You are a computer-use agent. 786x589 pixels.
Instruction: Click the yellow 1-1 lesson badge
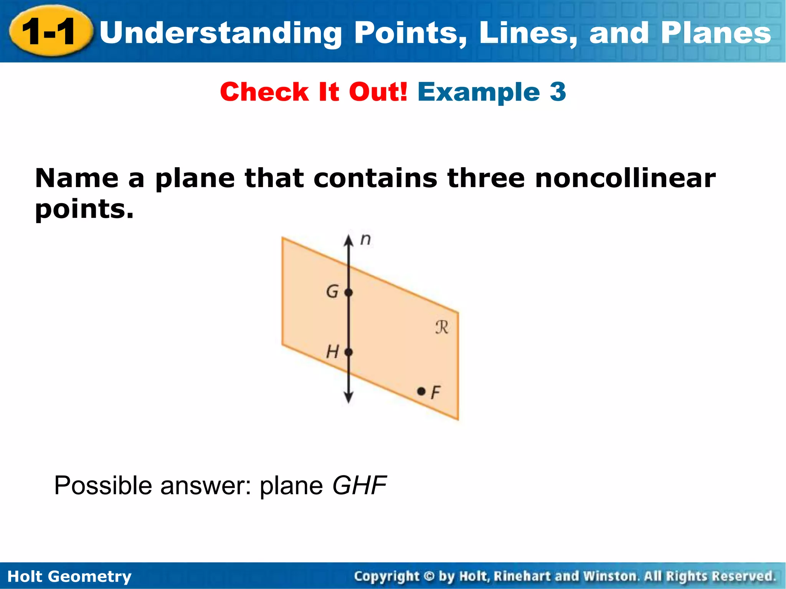(x=50, y=32)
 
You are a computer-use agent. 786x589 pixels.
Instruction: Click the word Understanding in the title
(x=221, y=33)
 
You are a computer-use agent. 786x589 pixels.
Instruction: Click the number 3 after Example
(x=558, y=92)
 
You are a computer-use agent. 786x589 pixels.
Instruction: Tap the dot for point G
(x=348, y=293)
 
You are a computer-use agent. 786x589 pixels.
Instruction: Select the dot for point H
(x=348, y=352)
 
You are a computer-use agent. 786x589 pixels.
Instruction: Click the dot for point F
(x=421, y=392)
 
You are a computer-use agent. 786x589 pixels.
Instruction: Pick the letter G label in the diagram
(x=332, y=292)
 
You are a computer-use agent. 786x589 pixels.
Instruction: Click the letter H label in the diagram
(x=332, y=352)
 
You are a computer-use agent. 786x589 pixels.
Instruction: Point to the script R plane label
(x=442, y=327)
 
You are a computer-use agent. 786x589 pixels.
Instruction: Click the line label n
(x=366, y=240)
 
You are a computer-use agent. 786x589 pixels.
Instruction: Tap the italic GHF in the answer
(x=359, y=485)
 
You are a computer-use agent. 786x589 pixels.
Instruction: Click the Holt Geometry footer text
(x=69, y=576)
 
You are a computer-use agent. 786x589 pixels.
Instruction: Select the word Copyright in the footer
(x=386, y=576)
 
